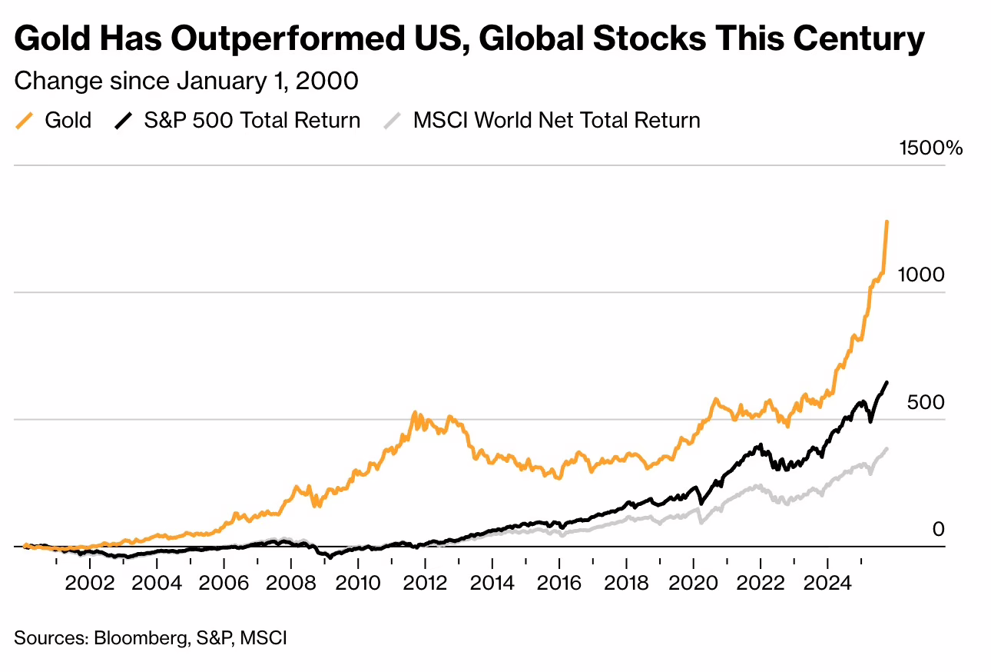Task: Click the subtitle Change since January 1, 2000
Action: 186,81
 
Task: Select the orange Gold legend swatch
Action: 25,121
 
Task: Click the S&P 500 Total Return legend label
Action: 252,121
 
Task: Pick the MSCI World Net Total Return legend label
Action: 556,121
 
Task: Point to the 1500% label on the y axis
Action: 930,148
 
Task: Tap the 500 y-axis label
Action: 925,402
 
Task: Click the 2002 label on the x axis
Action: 91,583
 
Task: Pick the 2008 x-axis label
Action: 291,583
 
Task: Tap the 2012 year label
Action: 426,583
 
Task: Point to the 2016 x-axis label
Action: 559,583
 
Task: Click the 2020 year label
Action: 693,583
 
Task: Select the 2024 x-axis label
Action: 827,583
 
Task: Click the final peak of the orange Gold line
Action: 887,221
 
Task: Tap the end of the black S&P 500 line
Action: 887,382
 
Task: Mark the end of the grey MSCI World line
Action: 887,448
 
